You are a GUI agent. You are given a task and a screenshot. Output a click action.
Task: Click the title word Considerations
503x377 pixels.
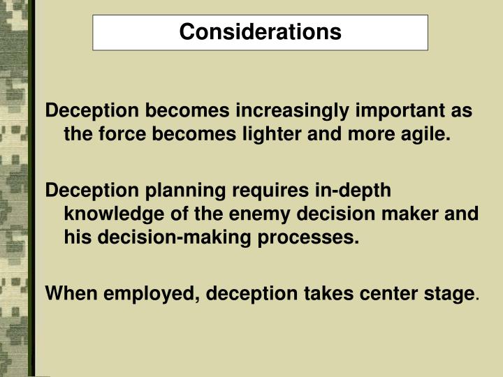[x=260, y=32]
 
